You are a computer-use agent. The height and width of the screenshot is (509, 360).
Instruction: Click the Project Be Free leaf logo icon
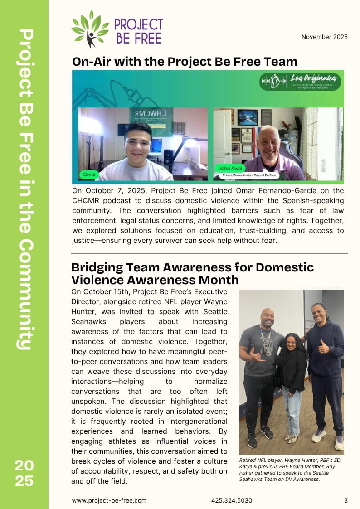click(x=90, y=29)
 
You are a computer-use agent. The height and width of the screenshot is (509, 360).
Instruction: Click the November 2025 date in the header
click(x=324, y=37)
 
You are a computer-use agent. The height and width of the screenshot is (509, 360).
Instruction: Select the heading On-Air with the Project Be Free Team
click(x=185, y=62)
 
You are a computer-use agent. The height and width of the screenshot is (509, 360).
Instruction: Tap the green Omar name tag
click(x=88, y=174)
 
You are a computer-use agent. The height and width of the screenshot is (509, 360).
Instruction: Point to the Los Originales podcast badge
click(x=300, y=82)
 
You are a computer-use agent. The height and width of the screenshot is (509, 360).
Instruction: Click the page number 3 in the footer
click(x=346, y=500)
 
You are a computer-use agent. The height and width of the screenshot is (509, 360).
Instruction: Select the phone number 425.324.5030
click(x=231, y=500)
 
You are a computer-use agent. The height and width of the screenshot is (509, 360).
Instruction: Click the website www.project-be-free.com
click(x=109, y=500)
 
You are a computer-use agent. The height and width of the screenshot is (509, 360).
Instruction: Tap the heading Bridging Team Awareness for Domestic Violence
click(x=192, y=273)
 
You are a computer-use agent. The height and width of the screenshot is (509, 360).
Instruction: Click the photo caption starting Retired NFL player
click(x=290, y=470)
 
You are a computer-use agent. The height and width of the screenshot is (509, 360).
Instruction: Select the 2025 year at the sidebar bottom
click(x=24, y=472)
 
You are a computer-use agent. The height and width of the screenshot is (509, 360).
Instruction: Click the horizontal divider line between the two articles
click(x=209, y=253)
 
